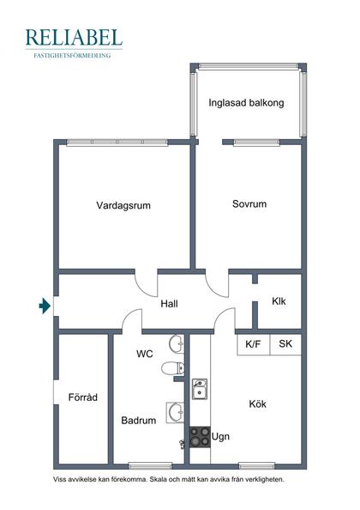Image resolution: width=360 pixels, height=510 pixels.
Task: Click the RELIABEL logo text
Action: coord(74,38)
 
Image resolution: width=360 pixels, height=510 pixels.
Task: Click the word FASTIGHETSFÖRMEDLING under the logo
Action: coord(74,55)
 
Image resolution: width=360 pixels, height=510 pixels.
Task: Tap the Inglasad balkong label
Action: coord(246,103)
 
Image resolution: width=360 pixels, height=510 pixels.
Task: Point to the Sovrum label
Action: coord(249,204)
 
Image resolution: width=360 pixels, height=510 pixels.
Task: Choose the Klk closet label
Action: coord(279,301)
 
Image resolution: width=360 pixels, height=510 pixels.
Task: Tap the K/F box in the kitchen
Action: coord(253,344)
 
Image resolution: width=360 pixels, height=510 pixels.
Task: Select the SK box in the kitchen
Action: coord(285,344)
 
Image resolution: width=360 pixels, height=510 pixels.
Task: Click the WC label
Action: coord(145,354)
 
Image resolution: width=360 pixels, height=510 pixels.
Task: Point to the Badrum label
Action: coord(138,421)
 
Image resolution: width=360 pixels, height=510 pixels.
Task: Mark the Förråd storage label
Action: coord(83,398)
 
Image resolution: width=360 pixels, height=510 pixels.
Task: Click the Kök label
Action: coord(258,404)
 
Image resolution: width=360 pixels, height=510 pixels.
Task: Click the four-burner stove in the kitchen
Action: coord(200,437)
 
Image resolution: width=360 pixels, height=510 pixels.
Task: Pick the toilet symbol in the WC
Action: coord(173,369)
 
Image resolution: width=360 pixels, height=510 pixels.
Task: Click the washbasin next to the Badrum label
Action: coord(176,413)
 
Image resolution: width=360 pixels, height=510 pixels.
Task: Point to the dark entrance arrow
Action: coord(45,304)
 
